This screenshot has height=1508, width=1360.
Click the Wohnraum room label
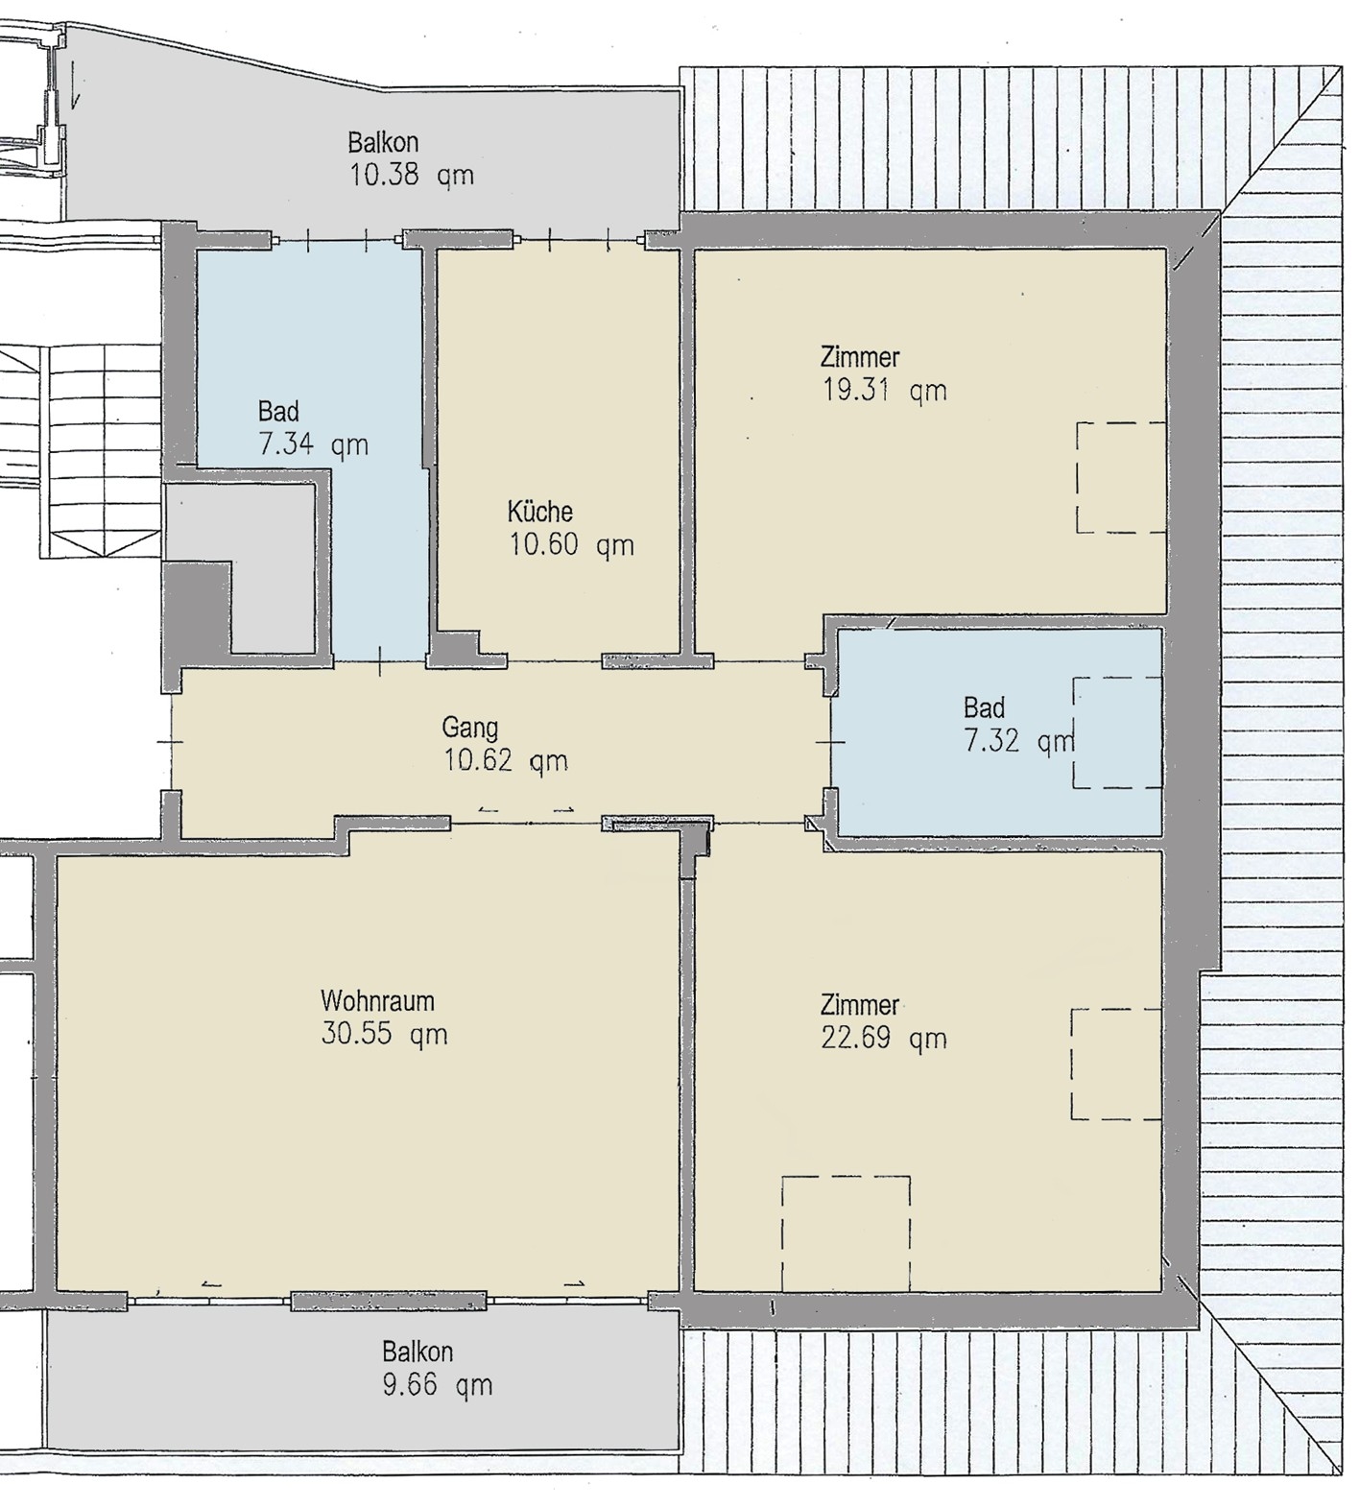[x=377, y=1001]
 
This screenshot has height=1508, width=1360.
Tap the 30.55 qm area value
[x=384, y=1035]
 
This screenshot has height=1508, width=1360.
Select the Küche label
[x=540, y=511]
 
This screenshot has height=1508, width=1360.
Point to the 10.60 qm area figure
[x=571, y=545]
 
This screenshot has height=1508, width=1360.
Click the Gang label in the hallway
[x=469, y=728]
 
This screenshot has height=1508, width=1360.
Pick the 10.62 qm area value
[x=506, y=761]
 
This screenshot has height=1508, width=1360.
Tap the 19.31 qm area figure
[x=885, y=391]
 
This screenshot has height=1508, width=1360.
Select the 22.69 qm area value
[x=884, y=1039]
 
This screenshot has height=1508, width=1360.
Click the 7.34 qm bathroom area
[x=313, y=445]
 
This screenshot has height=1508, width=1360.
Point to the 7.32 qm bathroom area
[x=1019, y=742]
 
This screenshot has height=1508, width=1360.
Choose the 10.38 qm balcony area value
[x=411, y=176]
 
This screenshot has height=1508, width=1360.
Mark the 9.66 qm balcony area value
[x=437, y=1385]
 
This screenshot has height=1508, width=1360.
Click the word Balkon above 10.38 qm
[x=383, y=143]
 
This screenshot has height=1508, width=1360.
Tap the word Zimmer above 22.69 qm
[x=860, y=1005]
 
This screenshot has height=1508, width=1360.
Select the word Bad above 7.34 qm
[x=278, y=412]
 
